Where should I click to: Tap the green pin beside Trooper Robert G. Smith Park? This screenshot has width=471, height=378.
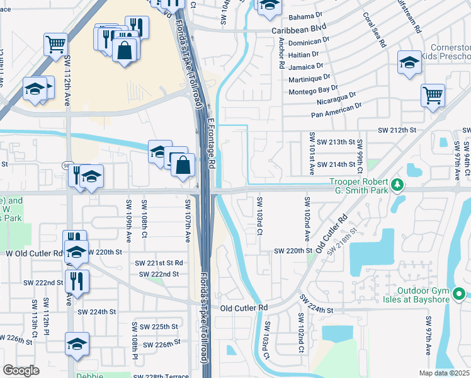point(397,185)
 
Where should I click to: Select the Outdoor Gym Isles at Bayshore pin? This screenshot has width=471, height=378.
point(459,294)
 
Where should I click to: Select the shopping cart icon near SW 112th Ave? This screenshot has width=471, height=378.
point(55,44)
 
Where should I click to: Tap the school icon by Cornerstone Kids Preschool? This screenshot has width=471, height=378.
point(409,62)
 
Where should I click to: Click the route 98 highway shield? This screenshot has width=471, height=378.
point(67,165)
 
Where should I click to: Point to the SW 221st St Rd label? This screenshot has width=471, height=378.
point(159,262)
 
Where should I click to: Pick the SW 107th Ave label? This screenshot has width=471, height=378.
point(187,220)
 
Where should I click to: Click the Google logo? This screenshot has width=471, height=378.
point(21,370)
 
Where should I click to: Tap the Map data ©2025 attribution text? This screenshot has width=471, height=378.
point(443,373)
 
